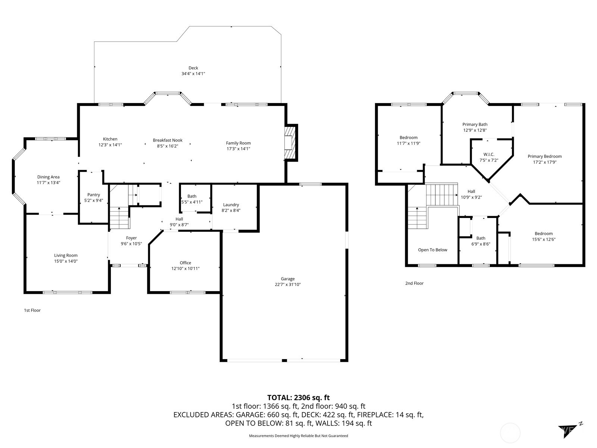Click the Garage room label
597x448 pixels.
(287, 279)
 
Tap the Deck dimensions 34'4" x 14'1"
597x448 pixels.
(193, 74)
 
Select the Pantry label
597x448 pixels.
(94, 195)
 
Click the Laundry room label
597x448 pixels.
(231, 205)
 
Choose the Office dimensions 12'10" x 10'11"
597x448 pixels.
(185, 268)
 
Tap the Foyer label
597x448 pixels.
(131, 238)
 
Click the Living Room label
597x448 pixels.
(66, 255)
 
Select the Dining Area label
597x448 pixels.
(48, 177)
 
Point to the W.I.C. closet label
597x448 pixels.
(489, 155)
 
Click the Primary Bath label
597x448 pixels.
(475, 125)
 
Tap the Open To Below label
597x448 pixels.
(432, 250)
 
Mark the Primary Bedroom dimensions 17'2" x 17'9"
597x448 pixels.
(544, 162)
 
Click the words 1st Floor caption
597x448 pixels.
(32, 310)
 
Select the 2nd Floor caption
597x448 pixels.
(414, 283)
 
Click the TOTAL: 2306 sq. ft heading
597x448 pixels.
(298, 398)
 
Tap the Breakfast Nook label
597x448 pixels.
(168, 140)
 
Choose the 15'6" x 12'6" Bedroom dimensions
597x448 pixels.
(543, 239)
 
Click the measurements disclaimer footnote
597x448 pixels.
(298, 436)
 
